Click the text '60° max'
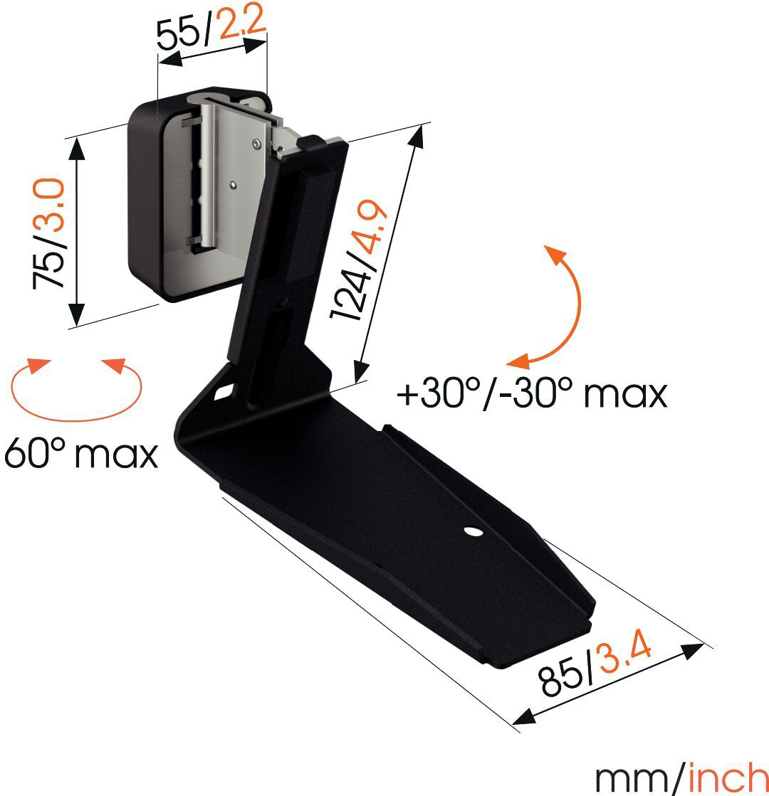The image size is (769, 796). coord(80,453)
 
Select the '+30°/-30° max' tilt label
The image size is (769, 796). coord(532,393)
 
